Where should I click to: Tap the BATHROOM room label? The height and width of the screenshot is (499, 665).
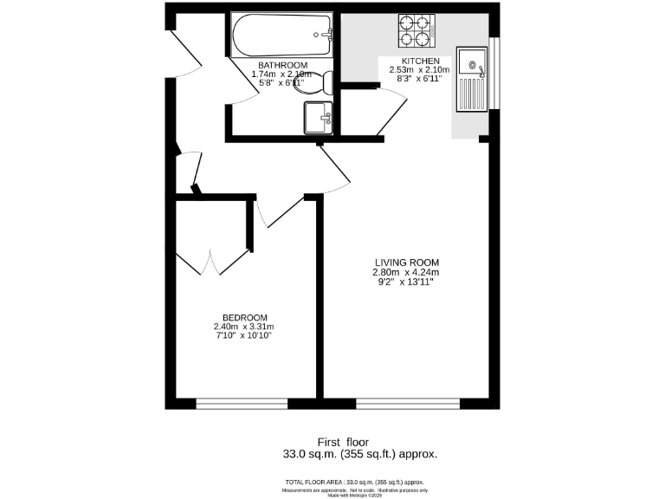pyautogui.click(x=282, y=65)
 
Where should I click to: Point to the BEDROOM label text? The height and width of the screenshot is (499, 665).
pyautogui.click(x=244, y=317)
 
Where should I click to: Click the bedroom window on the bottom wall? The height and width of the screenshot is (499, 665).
pyautogui.click(x=242, y=403)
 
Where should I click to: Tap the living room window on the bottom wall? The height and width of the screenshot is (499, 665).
pyautogui.click(x=407, y=403)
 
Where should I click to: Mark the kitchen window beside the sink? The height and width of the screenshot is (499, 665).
pyautogui.click(x=494, y=74)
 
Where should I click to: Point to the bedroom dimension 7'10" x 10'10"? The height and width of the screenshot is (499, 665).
pyautogui.click(x=244, y=336)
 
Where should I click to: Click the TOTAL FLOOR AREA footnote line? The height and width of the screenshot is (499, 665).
pyautogui.click(x=355, y=482)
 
